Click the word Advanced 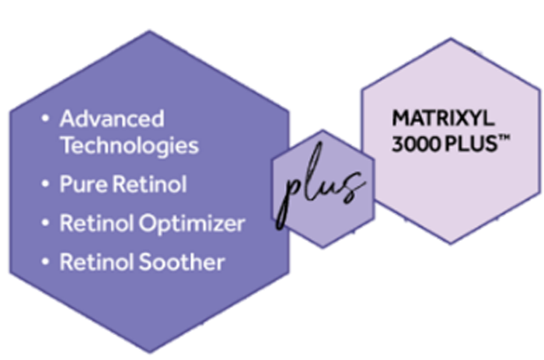point(112,119)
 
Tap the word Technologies point(130,146)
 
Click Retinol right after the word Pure point(150,183)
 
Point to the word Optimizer point(192,224)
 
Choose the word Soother point(181,262)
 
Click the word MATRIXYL point(443,118)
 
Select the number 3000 point(417,143)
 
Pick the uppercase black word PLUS point(471,143)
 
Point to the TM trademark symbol point(504,138)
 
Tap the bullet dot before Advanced point(45,118)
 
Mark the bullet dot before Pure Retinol point(45,183)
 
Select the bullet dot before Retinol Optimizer point(45,222)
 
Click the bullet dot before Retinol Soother point(45,261)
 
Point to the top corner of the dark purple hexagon point(149,31)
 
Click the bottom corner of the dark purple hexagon point(149,352)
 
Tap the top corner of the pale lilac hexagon point(451,38)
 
